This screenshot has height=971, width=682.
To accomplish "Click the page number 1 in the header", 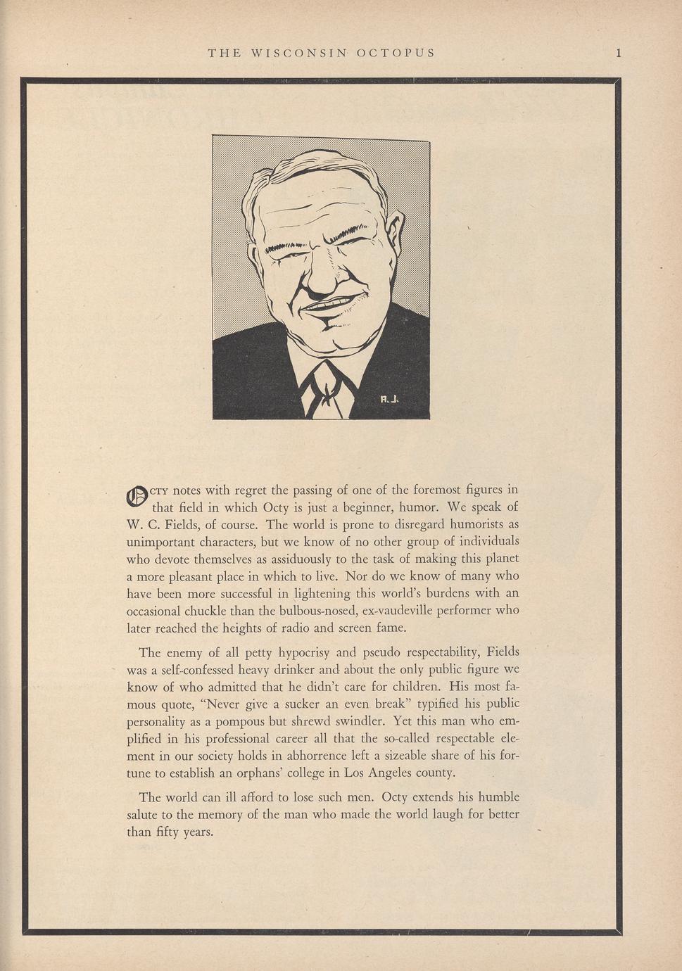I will (x=618, y=53).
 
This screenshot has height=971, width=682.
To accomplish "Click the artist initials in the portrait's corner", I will (x=389, y=399).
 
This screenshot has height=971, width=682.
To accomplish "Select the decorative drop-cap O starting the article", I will (x=137, y=496).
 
